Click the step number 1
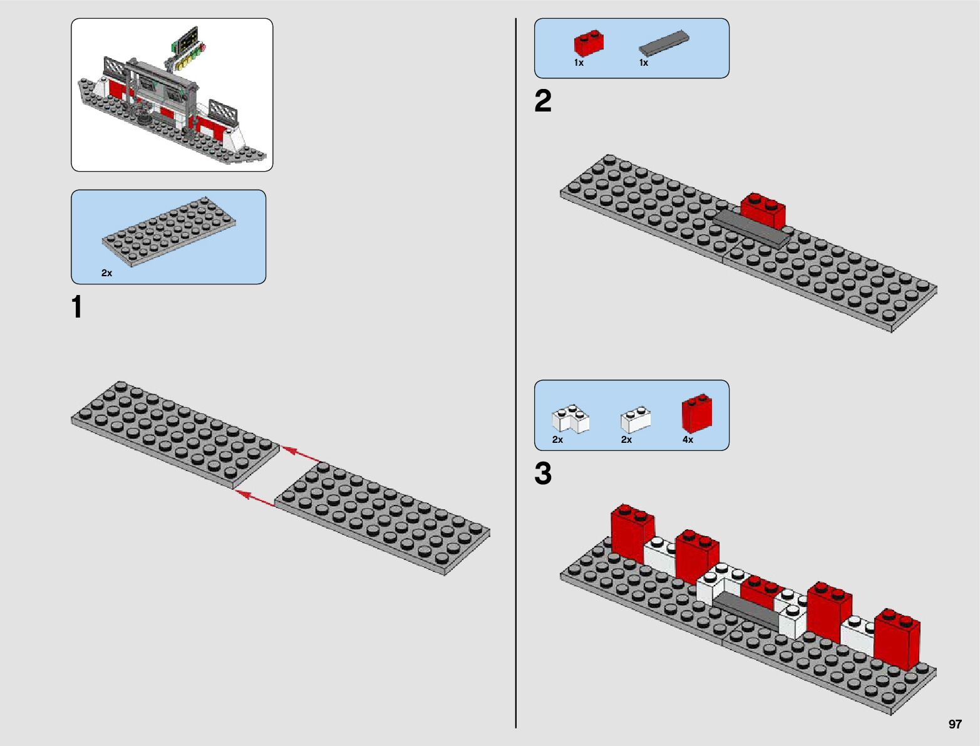point(77,308)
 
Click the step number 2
point(543,101)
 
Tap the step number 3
point(543,474)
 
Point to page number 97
point(954,724)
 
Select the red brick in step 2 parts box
point(589,43)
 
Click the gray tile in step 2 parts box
point(664,42)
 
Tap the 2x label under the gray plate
point(106,273)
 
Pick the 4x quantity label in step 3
point(688,440)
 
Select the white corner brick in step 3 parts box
point(570,418)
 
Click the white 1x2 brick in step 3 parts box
point(635,420)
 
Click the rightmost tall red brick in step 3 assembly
point(897,638)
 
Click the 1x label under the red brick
point(579,63)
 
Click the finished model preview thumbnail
point(172,95)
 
